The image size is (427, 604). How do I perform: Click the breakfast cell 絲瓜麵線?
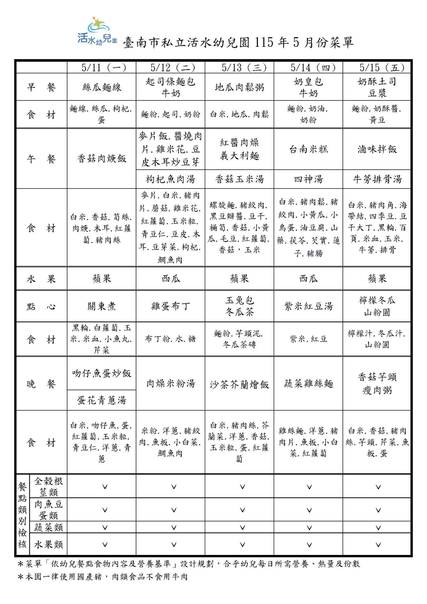(102, 87)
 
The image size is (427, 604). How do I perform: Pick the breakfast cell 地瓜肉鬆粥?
(239, 87)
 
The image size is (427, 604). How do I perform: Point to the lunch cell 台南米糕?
(308, 149)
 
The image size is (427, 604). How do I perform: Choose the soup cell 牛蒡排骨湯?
(377, 179)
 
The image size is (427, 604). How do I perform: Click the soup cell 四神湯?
(308, 179)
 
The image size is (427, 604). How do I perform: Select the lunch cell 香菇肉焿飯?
(102, 158)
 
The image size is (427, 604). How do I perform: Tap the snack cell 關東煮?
(102, 306)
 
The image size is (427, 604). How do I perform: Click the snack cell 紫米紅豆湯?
(308, 306)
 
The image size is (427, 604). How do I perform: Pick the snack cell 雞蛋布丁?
(170, 306)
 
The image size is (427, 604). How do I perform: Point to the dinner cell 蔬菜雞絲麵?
(308, 383)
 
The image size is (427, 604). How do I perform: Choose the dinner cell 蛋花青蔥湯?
(102, 400)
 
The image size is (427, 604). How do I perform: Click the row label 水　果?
(41, 279)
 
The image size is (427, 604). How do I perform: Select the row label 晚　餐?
(41, 384)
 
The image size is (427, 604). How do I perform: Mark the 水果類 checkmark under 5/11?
(105, 545)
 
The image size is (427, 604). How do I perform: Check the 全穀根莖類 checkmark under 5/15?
(378, 487)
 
